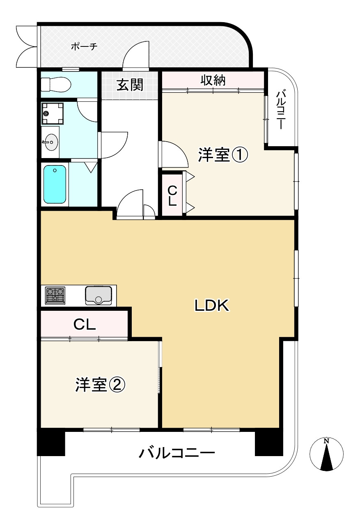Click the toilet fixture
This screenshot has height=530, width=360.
point(56,84)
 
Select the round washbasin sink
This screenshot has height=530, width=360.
point(51,142)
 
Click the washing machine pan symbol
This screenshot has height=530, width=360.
point(53,113)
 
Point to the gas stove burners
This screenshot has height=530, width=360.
point(55,295)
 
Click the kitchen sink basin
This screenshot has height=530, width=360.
point(99,295)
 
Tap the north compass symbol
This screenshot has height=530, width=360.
point(326,453)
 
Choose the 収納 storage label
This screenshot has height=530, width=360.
point(213,80)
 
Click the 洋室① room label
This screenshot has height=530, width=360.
point(223,155)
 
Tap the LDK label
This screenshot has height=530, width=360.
point(212,305)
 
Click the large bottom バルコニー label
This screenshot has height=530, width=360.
point(177,453)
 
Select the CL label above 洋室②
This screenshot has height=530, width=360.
point(85,325)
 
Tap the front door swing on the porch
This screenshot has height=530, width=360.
point(136,55)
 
